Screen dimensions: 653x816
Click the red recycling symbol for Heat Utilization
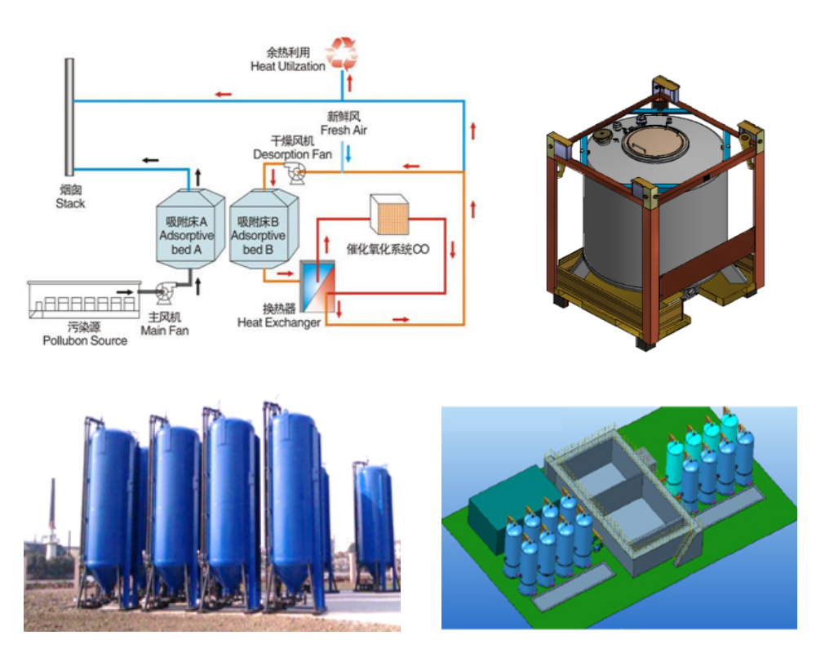tap(342, 52)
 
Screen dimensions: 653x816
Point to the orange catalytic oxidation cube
tap(388, 213)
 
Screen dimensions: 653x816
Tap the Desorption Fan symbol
tap(293, 170)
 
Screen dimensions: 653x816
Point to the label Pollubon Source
tap(85, 340)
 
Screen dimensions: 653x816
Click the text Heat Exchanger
tap(278, 322)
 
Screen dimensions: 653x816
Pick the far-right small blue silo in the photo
tap(375, 522)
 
